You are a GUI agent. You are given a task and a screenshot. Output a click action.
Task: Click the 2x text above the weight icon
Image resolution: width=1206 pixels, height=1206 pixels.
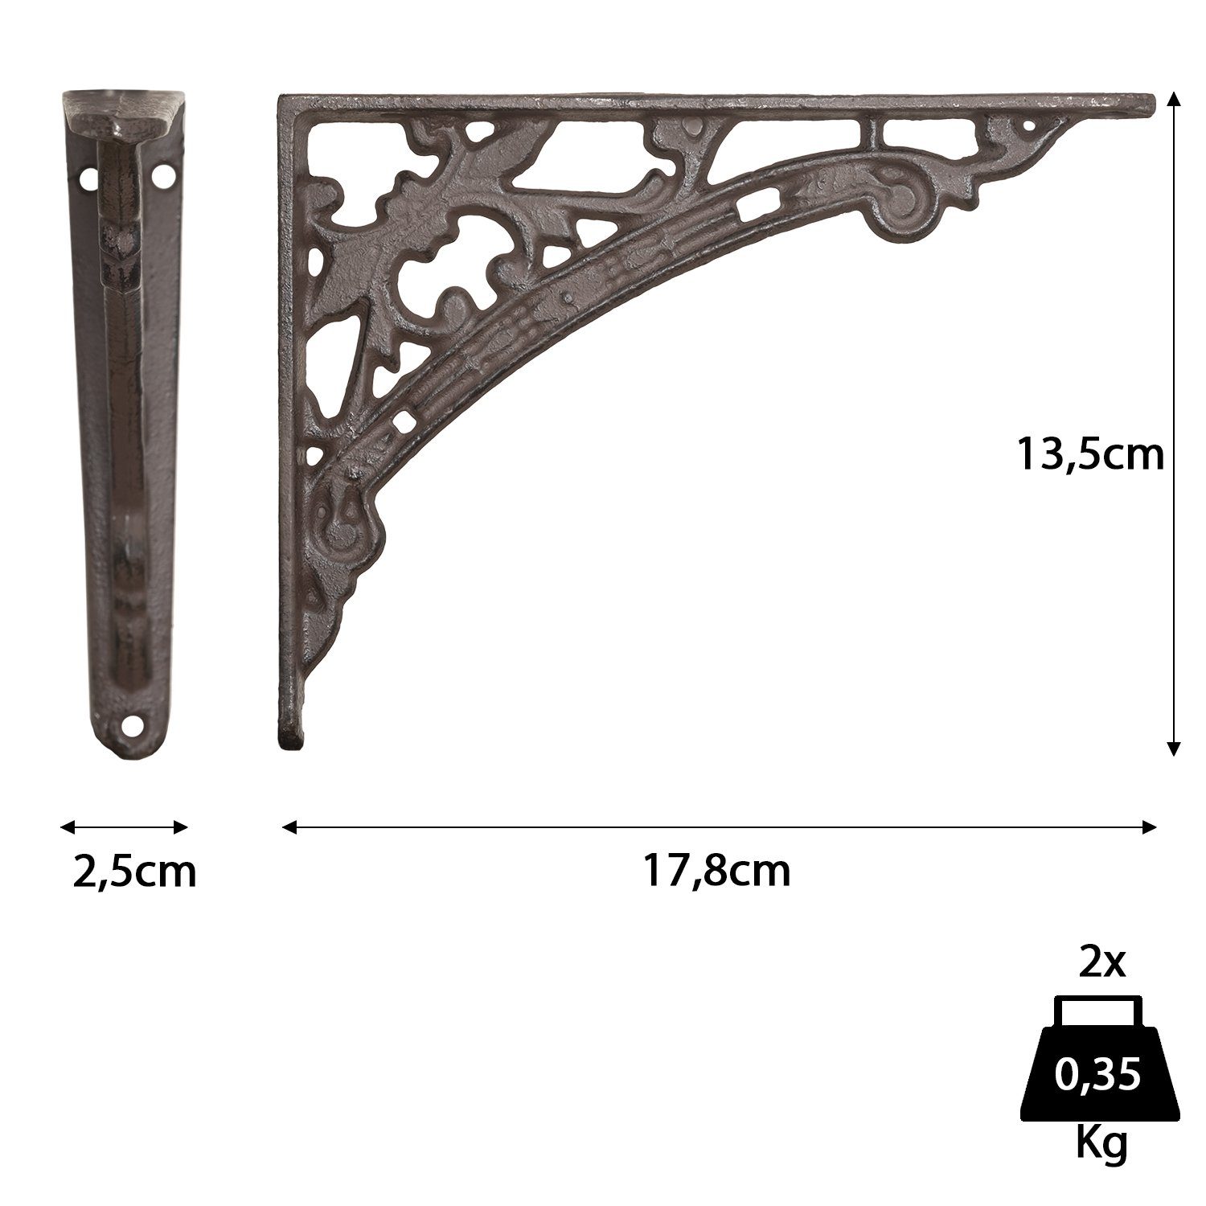pyautogui.click(x=1103, y=963)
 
